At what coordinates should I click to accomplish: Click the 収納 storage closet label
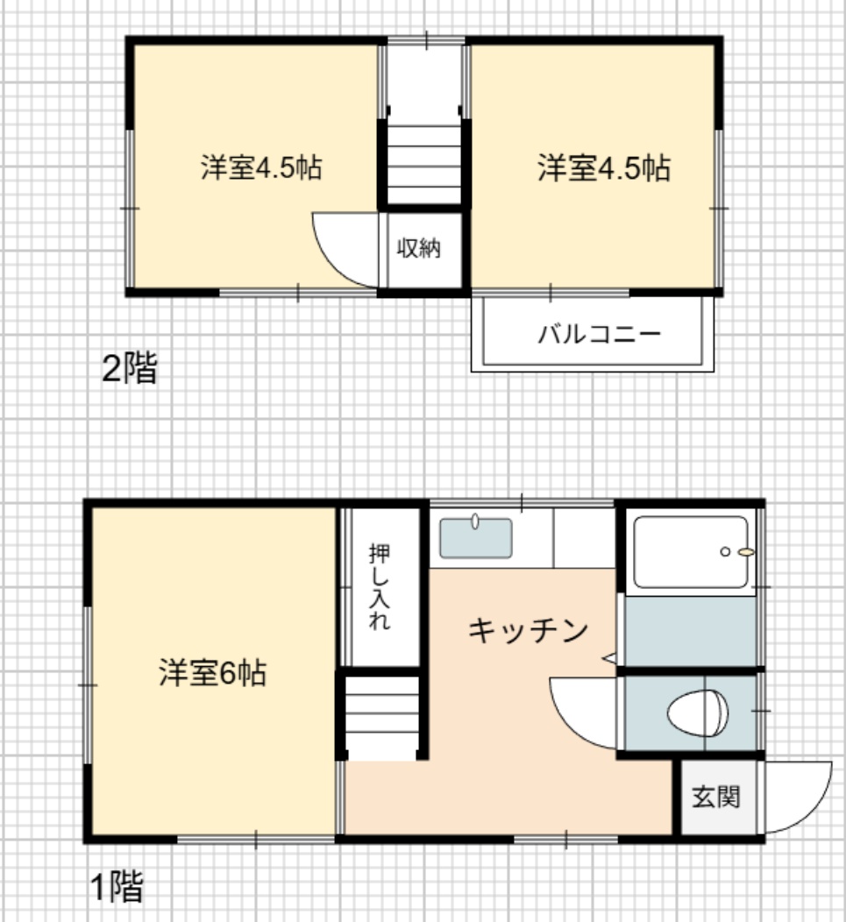[418, 247]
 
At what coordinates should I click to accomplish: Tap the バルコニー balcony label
[599, 334]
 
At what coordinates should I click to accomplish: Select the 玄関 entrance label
[715, 797]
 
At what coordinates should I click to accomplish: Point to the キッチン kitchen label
[528, 630]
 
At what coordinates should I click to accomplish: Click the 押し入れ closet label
[380, 587]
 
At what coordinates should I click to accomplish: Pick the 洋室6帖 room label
[212, 673]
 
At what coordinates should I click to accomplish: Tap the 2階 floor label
[130, 369]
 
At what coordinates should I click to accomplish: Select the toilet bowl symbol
[697, 713]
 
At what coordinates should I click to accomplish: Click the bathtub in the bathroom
[691, 551]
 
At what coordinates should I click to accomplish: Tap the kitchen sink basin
[475, 538]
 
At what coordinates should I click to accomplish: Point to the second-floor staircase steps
[423, 165]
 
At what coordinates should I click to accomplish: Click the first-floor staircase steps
[382, 718]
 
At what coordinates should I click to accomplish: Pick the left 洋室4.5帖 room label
[261, 167]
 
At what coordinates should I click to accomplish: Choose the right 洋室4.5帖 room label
[604, 167]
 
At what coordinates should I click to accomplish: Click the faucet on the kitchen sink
[475, 521]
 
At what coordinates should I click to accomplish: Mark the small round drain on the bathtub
[725, 551]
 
